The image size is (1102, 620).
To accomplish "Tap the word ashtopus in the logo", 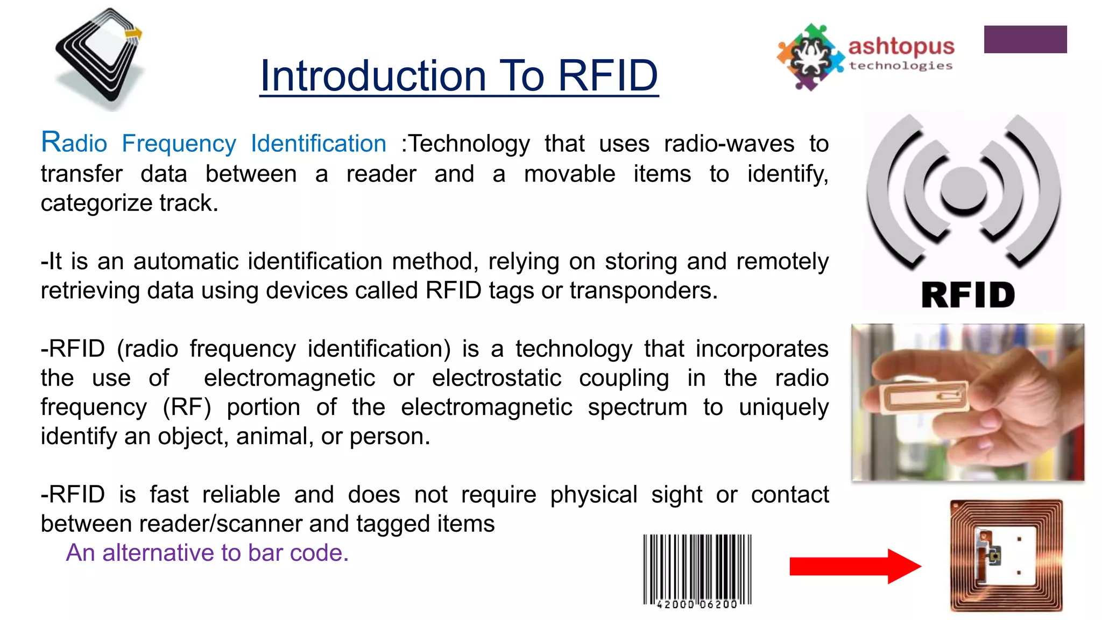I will (901, 46).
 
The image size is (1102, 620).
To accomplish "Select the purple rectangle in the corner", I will (1025, 39).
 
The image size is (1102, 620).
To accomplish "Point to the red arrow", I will (854, 566).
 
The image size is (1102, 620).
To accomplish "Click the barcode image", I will (697, 570).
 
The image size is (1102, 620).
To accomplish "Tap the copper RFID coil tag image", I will (1006, 555).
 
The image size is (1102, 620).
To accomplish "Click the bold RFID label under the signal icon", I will (968, 295).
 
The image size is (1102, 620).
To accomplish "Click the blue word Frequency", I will (179, 144).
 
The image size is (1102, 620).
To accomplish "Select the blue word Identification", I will (319, 144).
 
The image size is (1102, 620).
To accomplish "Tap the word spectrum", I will (637, 407).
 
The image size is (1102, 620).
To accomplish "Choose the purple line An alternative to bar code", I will (207, 553).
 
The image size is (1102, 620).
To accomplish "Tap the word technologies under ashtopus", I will (901, 66).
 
